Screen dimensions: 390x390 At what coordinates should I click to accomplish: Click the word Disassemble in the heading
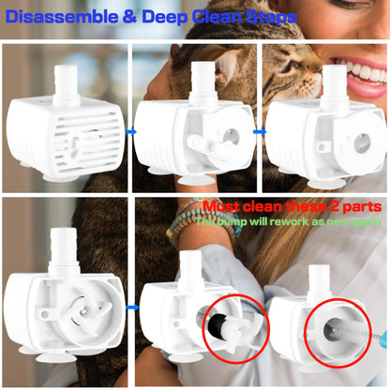point(61,16)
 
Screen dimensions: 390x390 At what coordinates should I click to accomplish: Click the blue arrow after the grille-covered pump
point(131,132)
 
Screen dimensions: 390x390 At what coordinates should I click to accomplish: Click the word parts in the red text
point(364,206)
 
